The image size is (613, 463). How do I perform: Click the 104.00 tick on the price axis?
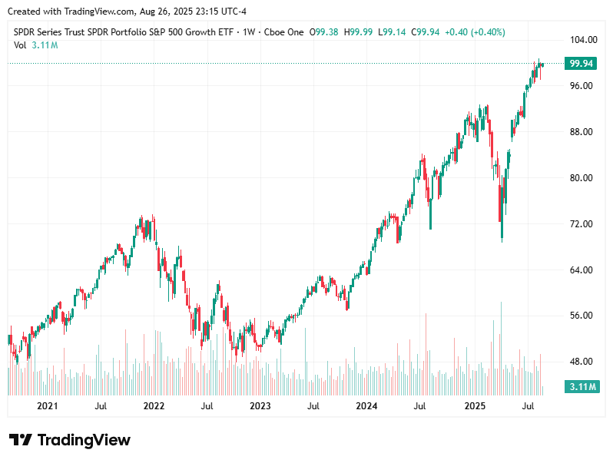point(580,39)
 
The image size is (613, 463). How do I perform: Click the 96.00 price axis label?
point(580,85)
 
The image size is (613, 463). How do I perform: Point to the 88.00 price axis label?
point(580,131)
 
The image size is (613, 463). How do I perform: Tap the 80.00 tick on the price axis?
point(580,177)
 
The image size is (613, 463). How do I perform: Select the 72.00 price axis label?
point(580,223)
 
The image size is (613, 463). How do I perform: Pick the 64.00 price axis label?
point(580,270)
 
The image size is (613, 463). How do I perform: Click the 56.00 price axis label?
point(580,316)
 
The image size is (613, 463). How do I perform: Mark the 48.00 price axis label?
point(580,362)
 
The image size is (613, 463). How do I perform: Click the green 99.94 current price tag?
point(580,64)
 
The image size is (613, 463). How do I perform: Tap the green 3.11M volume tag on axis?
point(580,386)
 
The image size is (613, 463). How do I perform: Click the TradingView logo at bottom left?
point(70,440)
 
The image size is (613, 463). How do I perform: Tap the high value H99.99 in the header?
point(358,32)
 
